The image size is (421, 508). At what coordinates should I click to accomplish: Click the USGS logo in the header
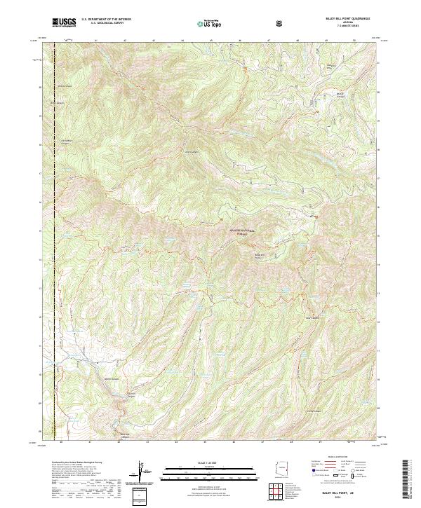64,22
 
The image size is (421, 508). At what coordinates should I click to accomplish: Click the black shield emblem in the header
281,23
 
